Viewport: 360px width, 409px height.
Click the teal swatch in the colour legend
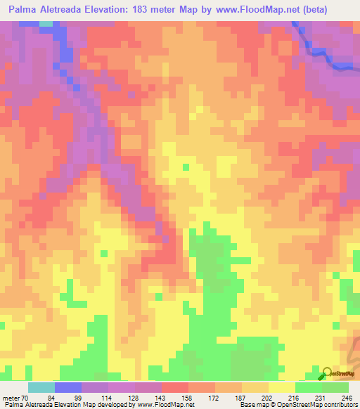[41, 387]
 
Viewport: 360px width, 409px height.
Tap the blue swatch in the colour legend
[68, 387]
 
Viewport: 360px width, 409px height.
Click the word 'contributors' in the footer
[339, 404]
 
